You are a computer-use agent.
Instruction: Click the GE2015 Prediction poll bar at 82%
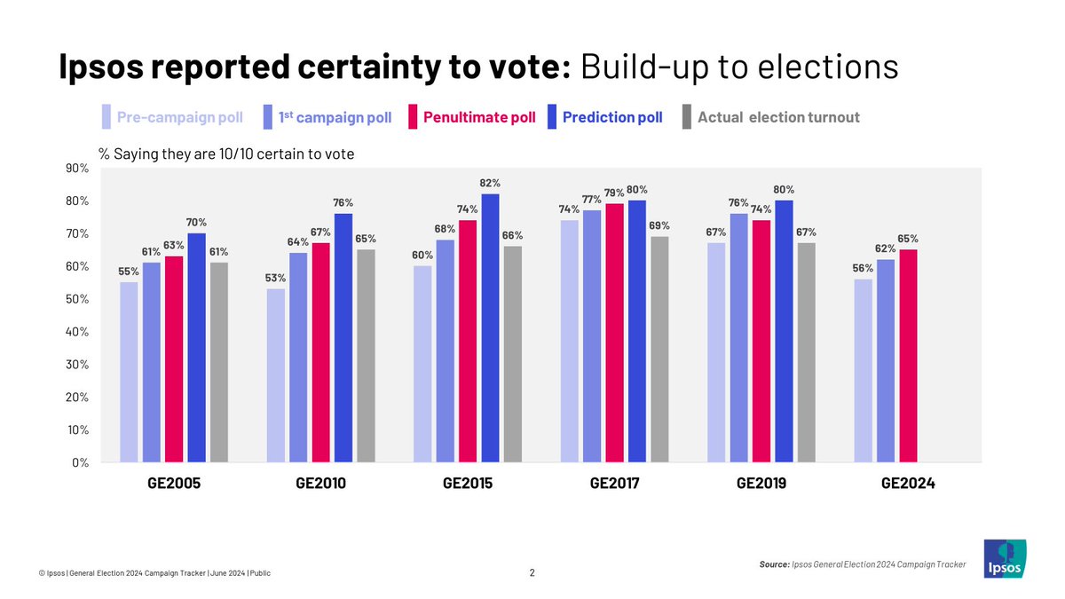(x=490, y=328)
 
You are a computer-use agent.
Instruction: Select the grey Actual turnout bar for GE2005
(x=218, y=362)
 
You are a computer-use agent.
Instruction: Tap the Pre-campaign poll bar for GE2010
(x=275, y=375)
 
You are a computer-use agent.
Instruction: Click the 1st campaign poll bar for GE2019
(x=738, y=338)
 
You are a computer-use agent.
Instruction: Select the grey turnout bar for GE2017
(x=659, y=349)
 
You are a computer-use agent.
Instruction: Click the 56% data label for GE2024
(x=862, y=269)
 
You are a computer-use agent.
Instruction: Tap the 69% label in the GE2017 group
(x=659, y=225)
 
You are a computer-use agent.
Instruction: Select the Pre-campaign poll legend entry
(x=173, y=117)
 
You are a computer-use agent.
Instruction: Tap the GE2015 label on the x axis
(x=467, y=485)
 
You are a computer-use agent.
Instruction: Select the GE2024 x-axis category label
(x=908, y=485)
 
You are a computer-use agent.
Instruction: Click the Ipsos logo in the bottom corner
(x=1005, y=559)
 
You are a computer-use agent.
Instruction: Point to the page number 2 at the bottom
(x=532, y=573)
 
